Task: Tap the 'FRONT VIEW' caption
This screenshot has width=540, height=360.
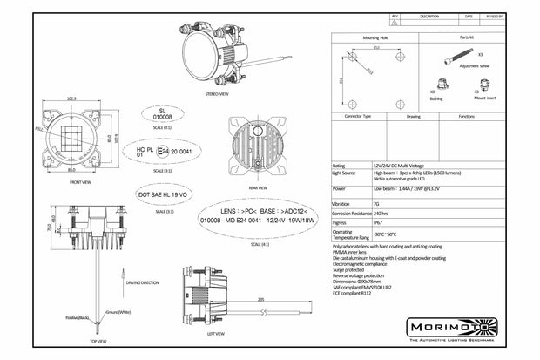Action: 80,182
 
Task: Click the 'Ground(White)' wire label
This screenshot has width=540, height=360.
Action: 119,311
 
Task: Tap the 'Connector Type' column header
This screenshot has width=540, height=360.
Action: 359,115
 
